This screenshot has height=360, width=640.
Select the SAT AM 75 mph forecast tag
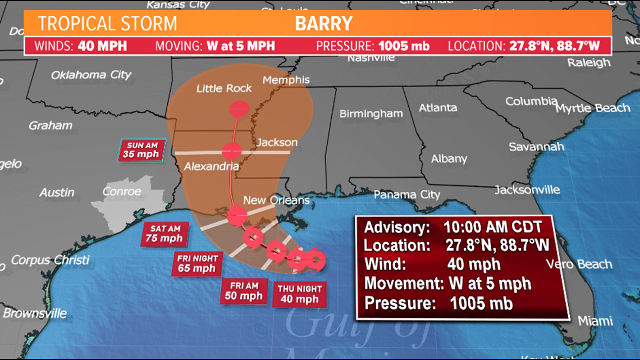tap(164, 233)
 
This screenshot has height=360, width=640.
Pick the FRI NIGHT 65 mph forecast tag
tap(196, 263)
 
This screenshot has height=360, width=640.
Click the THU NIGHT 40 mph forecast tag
tap(300, 294)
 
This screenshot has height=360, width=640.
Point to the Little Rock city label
tap(224, 88)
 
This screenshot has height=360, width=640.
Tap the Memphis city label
tap(286, 80)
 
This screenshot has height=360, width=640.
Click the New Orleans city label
tap(276, 200)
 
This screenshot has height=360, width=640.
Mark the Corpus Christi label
tap(50, 260)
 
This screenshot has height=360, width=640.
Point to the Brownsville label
tap(35, 313)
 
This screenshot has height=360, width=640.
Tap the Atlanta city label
tap(437, 107)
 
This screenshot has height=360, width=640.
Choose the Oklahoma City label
tap(91, 75)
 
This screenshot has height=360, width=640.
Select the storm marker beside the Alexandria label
tap(231, 151)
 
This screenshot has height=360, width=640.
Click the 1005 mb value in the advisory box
tap(481, 303)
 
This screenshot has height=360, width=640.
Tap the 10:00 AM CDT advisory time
tap(493, 227)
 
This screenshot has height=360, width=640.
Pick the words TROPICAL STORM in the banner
tap(107, 24)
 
